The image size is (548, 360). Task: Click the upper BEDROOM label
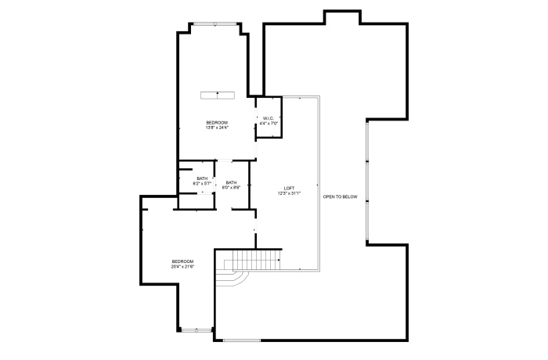[x=217, y=122]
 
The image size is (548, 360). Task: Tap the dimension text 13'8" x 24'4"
[x=217, y=128]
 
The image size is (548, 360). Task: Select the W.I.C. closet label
[x=268, y=118]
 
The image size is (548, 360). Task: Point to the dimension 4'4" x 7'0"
[x=268, y=124]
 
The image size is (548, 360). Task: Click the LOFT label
[x=289, y=189]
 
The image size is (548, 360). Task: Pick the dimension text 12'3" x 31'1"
[x=289, y=194]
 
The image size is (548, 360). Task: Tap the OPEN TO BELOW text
[x=340, y=196]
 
